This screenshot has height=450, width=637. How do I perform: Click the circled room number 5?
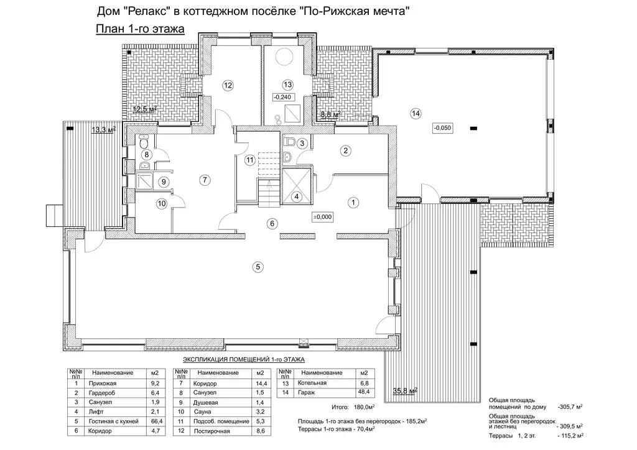[258, 267]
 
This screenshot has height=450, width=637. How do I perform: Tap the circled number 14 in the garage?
[415, 113]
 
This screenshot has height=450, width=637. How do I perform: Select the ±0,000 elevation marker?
[323, 217]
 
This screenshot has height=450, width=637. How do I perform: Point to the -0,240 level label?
[283, 98]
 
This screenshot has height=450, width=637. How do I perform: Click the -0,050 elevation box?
[442, 128]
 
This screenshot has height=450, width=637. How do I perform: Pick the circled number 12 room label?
[228, 85]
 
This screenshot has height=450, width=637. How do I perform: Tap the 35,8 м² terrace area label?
[405, 391]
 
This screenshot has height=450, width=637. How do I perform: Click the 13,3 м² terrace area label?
[104, 130]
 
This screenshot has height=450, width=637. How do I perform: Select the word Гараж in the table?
[306, 392]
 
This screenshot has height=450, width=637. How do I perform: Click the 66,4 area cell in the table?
[156, 421]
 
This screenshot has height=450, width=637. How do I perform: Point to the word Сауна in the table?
[202, 411]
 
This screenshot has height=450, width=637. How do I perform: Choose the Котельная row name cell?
[312, 383]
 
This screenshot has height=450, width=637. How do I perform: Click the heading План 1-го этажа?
[140, 29]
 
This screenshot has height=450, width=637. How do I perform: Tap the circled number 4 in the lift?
[297, 197]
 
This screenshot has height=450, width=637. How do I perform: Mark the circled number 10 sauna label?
[162, 203]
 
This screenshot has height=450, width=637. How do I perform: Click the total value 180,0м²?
[363, 407]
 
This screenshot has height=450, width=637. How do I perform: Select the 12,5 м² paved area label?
[144, 109]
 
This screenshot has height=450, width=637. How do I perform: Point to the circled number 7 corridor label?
[205, 180]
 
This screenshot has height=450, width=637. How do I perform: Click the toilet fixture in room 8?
[144, 142]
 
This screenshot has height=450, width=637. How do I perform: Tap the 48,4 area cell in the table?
[363, 392]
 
